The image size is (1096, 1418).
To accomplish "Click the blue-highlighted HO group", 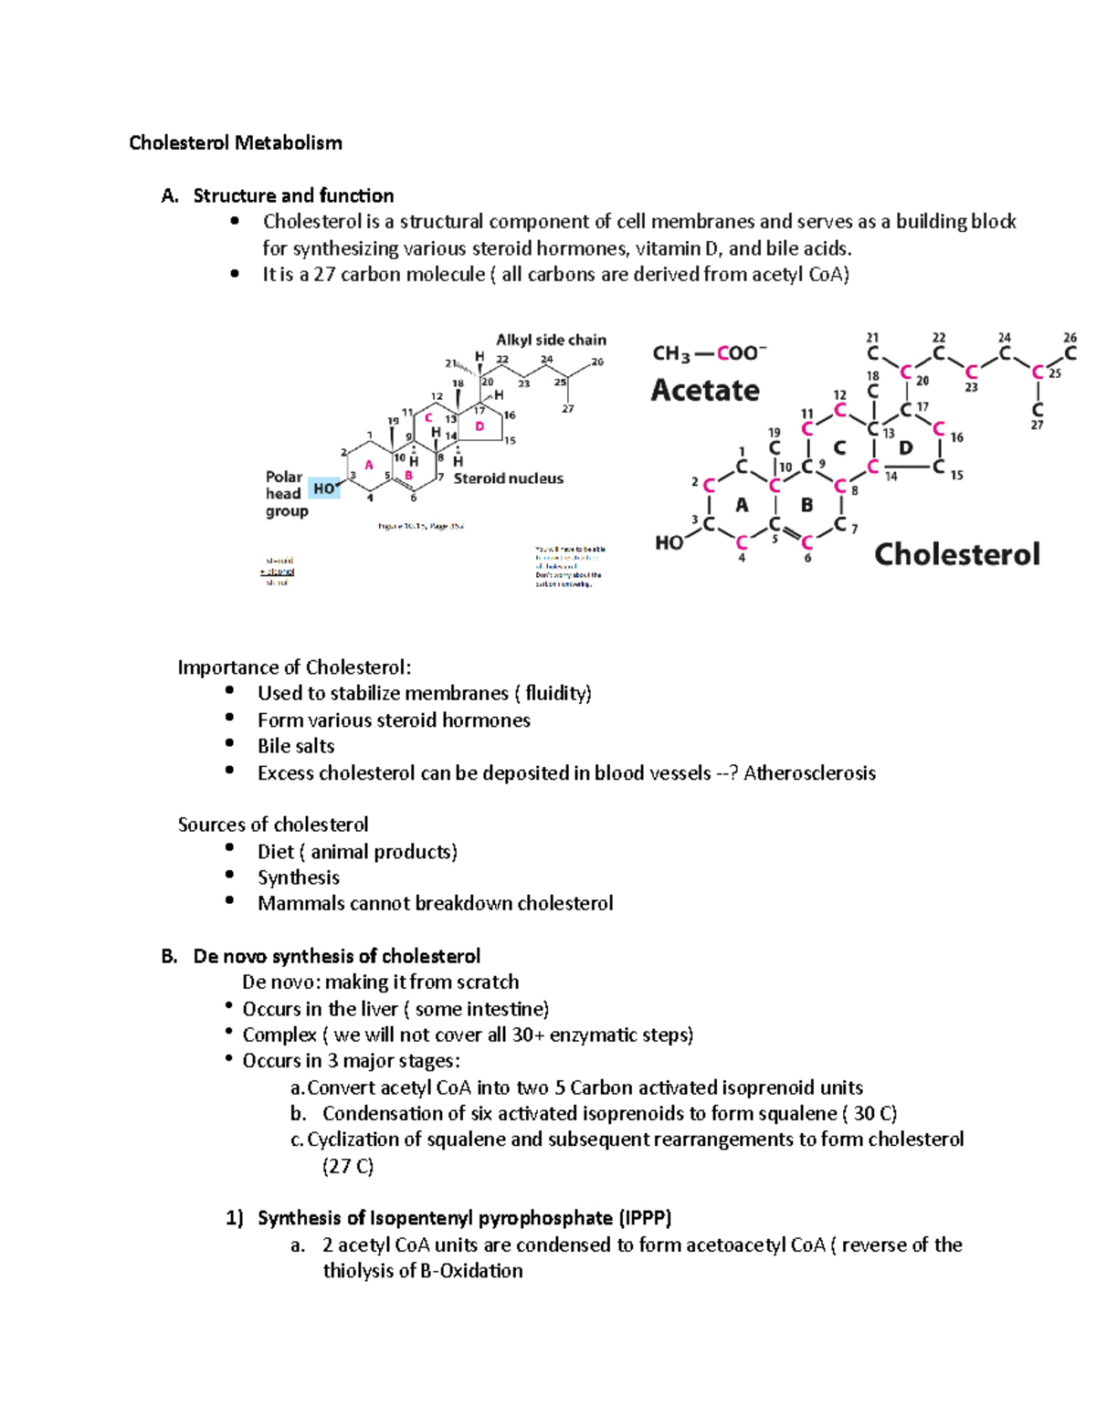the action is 323,488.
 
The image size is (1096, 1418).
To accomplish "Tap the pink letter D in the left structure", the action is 479,426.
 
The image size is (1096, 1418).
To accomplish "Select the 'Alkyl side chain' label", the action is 551,340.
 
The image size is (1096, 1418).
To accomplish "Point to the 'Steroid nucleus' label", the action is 508,478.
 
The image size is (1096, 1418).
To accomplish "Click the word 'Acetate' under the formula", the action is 705,391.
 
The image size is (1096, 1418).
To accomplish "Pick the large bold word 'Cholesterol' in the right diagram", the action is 956,554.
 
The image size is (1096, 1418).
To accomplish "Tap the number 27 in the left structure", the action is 568,409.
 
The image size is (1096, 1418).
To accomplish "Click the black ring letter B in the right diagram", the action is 806,505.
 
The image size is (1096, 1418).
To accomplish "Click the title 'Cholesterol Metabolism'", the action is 236,142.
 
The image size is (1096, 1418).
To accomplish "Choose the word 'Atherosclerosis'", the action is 809,773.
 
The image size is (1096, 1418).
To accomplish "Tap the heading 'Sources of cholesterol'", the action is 273,825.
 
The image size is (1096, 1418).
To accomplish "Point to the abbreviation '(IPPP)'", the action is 645,1218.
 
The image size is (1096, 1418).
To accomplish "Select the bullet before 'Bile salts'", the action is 229,744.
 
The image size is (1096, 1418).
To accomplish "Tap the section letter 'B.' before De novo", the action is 169,956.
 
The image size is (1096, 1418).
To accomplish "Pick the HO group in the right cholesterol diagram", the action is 669,542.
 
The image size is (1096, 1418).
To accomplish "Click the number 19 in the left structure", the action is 394,421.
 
